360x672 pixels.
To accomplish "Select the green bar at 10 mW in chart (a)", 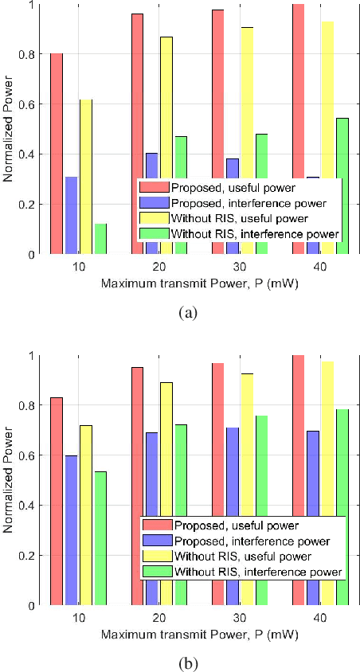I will [100, 239].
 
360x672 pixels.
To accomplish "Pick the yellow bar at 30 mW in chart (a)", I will [246, 104].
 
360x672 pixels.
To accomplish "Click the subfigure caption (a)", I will [187, 313].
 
